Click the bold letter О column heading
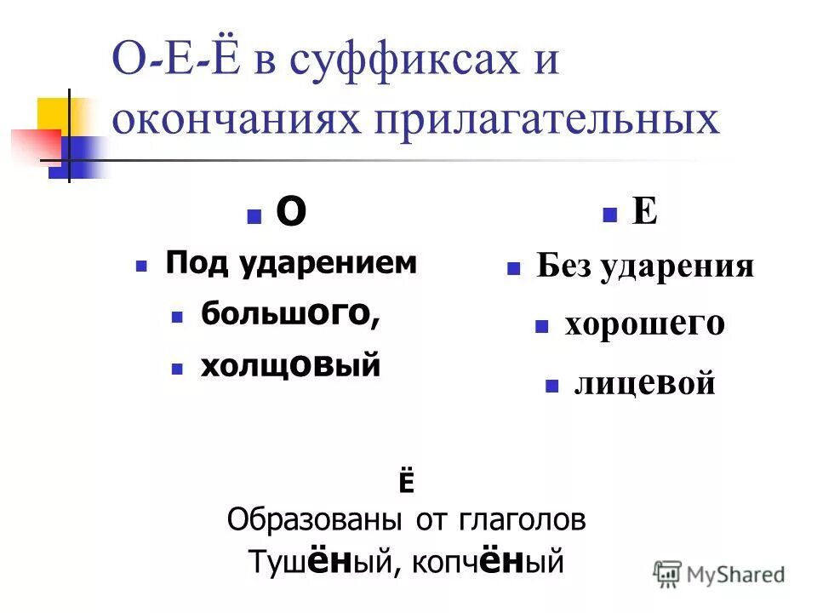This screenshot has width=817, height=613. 291,214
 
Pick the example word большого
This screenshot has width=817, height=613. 289,315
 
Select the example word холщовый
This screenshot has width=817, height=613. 289,366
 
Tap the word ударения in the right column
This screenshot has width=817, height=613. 677,266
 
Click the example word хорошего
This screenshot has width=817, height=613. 644,325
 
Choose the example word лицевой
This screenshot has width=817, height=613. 644,385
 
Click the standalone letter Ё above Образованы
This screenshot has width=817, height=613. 405,482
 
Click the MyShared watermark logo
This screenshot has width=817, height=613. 719,574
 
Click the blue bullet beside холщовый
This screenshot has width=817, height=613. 177,369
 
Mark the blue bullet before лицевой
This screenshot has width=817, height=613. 551,387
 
